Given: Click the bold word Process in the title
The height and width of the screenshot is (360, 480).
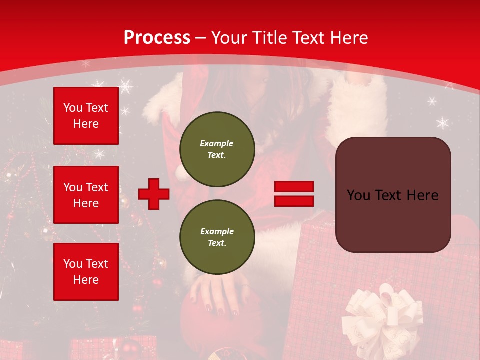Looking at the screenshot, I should [157, 38].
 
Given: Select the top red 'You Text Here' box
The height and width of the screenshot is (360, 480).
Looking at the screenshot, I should [86, 116].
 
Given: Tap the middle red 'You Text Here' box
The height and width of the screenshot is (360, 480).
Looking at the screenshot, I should [86, 195].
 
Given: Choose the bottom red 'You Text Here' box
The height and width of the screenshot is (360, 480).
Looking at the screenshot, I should [86, 272].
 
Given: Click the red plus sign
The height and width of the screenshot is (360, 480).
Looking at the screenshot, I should [154, 194].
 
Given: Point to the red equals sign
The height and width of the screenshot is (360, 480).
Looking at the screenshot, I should [294, 194].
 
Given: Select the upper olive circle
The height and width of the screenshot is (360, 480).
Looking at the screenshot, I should [217, 149].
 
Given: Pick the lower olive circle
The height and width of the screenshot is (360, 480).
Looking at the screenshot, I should [217, 237].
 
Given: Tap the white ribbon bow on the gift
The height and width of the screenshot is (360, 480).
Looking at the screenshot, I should [382, 315].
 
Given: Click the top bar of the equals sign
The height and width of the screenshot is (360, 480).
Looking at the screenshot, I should [294, 187].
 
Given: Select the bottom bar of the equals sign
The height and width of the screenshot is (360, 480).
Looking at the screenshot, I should [294, 201].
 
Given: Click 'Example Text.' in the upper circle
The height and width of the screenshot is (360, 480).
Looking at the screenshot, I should [217, 149].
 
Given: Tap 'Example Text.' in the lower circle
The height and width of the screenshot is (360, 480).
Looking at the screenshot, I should [217, 237].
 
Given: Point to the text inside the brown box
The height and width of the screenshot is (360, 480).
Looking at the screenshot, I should [393, 195].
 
